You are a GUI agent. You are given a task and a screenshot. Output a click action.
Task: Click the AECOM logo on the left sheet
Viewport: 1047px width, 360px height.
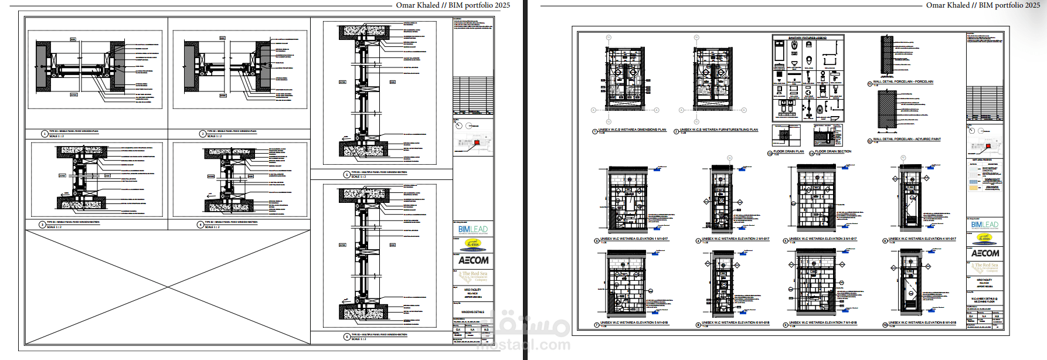coord(473,260)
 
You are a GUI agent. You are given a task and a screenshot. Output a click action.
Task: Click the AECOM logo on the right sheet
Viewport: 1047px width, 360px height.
coord(985,253)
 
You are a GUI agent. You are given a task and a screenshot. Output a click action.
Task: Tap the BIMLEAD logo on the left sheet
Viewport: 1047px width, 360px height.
coord(473,229)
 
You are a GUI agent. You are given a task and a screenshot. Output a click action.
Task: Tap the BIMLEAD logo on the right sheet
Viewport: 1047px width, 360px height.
coord(985,225)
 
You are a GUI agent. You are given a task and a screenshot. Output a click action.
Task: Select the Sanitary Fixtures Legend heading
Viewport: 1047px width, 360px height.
coord(807,38)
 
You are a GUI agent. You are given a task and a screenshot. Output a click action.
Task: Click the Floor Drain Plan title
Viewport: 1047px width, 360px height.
coord(788,151)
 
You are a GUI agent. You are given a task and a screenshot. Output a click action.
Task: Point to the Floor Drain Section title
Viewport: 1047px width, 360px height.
coord(833,151)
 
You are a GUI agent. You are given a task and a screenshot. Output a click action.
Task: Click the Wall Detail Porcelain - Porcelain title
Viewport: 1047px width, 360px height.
coord(903,82)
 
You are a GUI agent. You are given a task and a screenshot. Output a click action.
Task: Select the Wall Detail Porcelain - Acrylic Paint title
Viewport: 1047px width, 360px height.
coord(906,140)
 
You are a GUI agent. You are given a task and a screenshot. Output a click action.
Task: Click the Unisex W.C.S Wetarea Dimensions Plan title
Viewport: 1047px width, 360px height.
coord(632,130)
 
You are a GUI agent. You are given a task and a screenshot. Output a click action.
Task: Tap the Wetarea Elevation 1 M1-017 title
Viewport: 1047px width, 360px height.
coord(634,239)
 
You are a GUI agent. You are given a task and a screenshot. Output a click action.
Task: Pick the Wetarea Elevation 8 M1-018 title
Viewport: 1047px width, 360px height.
coord(922,322)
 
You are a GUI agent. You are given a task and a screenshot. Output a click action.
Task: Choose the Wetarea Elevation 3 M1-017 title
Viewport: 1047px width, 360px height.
coord(822,239)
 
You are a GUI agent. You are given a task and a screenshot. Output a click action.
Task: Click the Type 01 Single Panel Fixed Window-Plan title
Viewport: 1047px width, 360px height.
coord(74,131)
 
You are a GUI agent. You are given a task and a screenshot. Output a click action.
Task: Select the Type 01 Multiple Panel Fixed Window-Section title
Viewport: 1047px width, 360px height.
coord(379,172)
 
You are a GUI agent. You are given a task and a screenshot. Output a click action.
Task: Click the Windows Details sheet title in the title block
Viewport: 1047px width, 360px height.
coord(472,312)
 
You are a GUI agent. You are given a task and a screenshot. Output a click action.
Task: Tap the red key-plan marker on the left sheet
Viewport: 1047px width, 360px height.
coord(477,142)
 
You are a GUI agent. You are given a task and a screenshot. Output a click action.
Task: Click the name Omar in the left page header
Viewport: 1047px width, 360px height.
coord(406,5)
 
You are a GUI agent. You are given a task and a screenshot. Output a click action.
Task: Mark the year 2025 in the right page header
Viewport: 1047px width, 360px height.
coord(1032,5)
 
